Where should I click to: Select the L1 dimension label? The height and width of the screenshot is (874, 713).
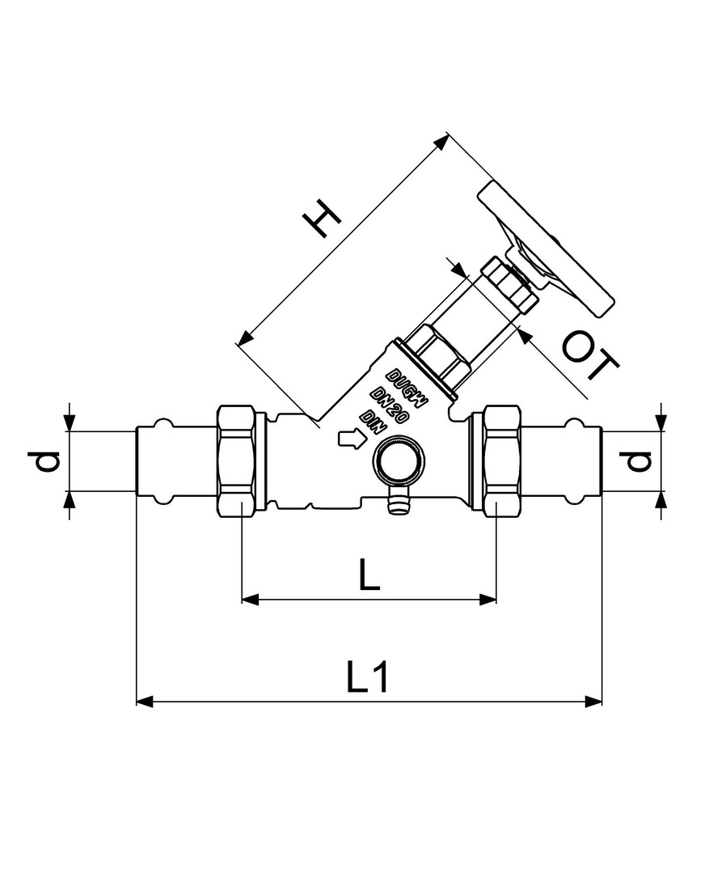[367, 677]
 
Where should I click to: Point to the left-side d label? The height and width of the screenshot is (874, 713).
[44, 461]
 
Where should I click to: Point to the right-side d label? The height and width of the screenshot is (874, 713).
[635, 461]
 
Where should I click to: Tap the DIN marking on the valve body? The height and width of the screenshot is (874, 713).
[372, 422]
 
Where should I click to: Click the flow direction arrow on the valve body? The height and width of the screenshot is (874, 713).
[352, 439]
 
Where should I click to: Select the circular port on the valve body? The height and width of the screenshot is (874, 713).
[399, 460]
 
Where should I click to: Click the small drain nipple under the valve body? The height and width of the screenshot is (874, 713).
[396, 500]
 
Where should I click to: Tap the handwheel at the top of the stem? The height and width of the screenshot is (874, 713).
[546, 249]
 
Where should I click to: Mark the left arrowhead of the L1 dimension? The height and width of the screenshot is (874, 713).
[144, 702]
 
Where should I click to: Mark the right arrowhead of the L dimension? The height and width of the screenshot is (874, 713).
[487, 599]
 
